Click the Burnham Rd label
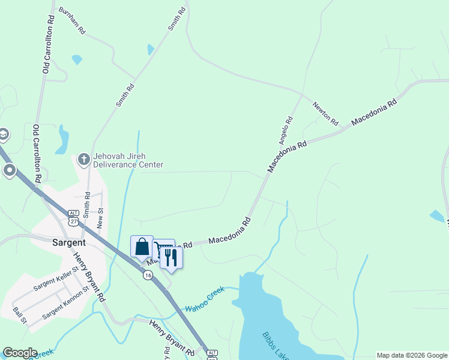pos(73,20)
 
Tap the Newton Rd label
pos(325,112)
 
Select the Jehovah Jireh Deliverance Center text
pos(127,160)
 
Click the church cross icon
pos(84,160)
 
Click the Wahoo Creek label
pos(204,299)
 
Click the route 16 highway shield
pos(148,275)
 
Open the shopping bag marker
pos(142,247)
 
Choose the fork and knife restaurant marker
pos(171,258)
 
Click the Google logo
pos(20,353)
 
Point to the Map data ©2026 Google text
pos(411,355)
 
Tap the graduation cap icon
pos(2,134)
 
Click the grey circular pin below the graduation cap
pos(10,171)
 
